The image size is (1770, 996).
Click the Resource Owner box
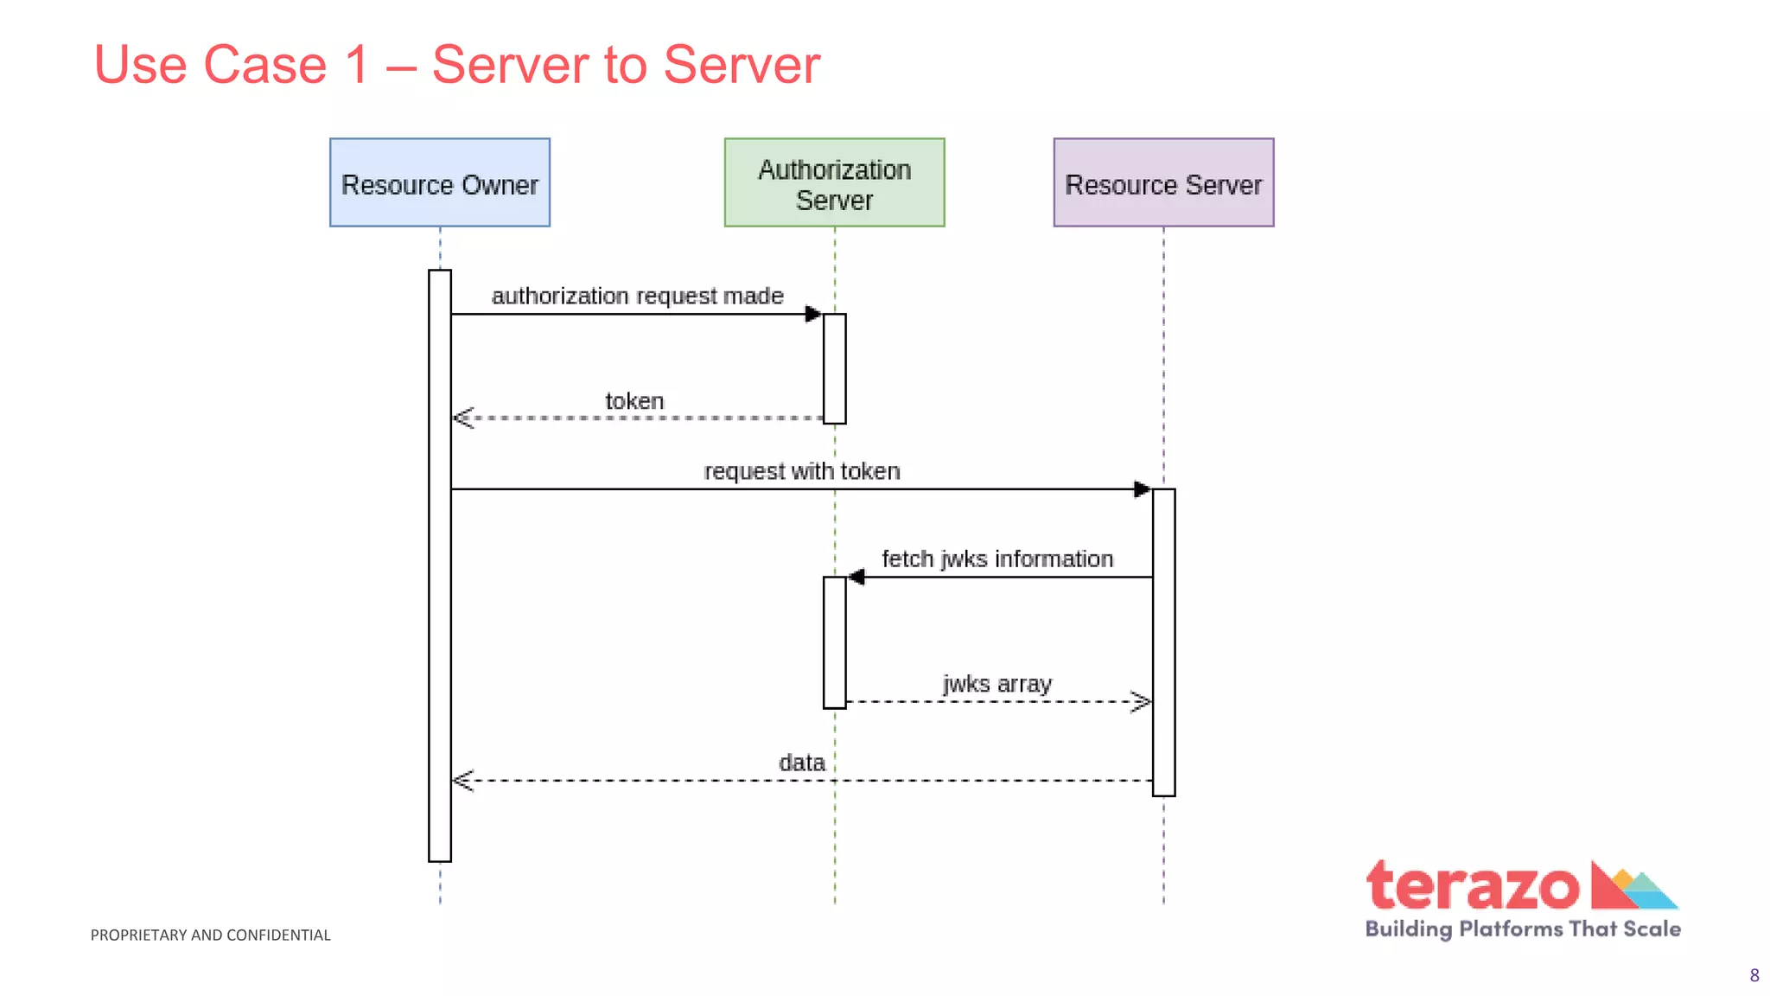[439, 182]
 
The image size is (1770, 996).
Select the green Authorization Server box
[834, 182]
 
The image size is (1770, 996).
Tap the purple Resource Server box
[1163, 182]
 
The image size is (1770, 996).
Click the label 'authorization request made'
[637, 296]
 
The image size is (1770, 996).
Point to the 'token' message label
[634, 401]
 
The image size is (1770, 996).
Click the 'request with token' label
[801, 471]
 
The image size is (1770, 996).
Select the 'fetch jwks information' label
[996, 559]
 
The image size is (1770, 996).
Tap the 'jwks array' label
[996, 684]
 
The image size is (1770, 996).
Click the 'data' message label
[801, 763]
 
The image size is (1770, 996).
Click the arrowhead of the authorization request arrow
[813, 314]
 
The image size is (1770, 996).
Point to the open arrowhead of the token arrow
[462, 418]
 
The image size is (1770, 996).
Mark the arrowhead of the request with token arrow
[1142, 489]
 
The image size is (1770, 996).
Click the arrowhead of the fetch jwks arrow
[856, 577]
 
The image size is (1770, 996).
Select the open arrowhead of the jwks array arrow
[1142, 701]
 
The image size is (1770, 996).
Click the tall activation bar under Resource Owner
[439, 605]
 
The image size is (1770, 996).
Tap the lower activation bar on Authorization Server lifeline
[834, 642]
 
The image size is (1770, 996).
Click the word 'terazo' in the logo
[1472, 886]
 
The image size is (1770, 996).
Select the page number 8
[1754, 975]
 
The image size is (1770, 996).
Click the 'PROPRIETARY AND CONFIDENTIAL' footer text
[210, 935]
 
